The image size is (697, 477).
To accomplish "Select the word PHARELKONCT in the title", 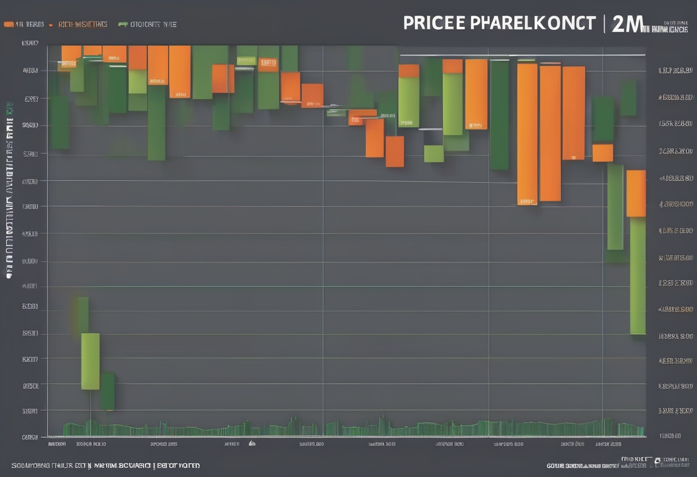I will coord(532,24).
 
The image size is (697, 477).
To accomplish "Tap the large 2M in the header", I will coord(627,24).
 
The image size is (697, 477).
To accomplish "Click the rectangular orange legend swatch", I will coord(8,25).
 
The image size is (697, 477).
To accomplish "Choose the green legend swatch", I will coord(122,25).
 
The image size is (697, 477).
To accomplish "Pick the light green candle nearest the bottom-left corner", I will coord(90,361).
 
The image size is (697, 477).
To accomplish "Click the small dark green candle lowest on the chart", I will coord(107,391).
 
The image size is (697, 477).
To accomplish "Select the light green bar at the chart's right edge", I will coord(637,275).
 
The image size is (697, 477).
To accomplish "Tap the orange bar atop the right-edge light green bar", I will coord(636,193).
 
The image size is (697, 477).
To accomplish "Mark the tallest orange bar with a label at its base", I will coord(527,134).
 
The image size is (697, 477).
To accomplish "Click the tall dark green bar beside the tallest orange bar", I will coord(499,115).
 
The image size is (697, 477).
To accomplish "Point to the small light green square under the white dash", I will coord(433,154).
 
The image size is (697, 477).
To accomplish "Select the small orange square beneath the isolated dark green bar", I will coord(602,153).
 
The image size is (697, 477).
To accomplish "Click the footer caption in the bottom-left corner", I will coord(105,466).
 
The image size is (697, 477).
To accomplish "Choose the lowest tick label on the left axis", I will coord(30,437).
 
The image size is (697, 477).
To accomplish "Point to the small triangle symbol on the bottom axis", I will coord(251,443).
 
